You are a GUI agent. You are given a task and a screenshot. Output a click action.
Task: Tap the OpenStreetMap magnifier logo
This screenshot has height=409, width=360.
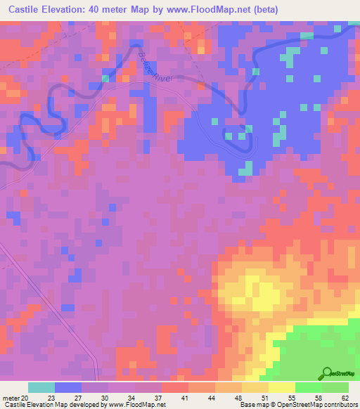(x=328, y=375)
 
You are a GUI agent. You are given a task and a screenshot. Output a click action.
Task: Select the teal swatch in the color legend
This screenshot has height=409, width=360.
(x=41, y=387)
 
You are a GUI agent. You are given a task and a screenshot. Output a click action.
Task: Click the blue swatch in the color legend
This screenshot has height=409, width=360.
(x=68, y=387)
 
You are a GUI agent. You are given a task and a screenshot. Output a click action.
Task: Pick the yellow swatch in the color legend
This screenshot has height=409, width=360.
(x=282, y=387)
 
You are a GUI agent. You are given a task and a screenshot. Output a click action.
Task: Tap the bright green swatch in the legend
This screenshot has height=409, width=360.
(x=309, y=387)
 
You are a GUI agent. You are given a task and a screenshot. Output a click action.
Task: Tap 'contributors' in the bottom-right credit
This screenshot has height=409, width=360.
(x=338, y=405)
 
